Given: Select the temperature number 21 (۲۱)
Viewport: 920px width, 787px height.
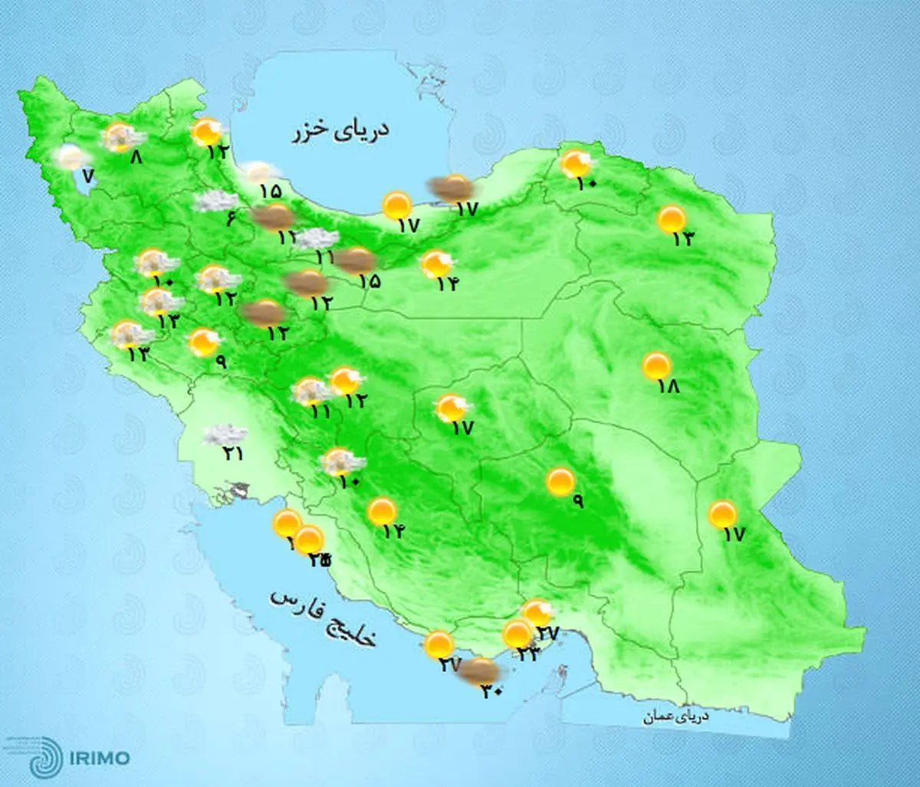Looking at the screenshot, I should click(x=233, y=454).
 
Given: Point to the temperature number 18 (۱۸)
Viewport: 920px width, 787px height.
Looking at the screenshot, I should click(x=669, y=387).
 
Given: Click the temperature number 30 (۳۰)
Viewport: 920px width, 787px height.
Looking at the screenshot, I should click(x=491, y=690).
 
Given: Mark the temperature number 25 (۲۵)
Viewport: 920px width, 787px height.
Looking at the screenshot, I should click(x=320, y=560).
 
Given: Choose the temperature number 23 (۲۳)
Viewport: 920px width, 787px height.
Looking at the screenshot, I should click(x=528, y=653).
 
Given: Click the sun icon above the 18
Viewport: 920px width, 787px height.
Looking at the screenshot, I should click(x=657, y=366).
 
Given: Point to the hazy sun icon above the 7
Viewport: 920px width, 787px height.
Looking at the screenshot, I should click(x=71, y=157).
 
